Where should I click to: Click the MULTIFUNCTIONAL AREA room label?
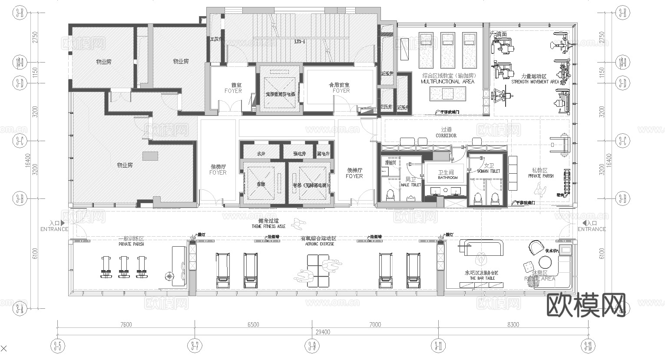click(447, 82)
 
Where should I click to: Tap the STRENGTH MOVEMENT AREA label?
click(535, 82)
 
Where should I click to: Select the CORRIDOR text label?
click(446, 135)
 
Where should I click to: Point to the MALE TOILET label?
click(410, 185)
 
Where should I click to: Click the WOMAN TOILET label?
click(489, 171)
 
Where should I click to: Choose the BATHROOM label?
click(447, 178)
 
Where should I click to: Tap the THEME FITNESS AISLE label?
click(268, 227)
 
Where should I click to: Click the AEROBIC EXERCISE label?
click(318, 244)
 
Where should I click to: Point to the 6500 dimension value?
click(253, 324)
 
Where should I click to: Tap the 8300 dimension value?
click(513, 324)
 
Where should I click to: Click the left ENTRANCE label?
click(54, 229)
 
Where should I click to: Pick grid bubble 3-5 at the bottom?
click(57, 346)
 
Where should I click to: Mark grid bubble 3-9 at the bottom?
click(312, 346)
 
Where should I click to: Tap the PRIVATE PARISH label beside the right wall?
click(541, 176)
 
